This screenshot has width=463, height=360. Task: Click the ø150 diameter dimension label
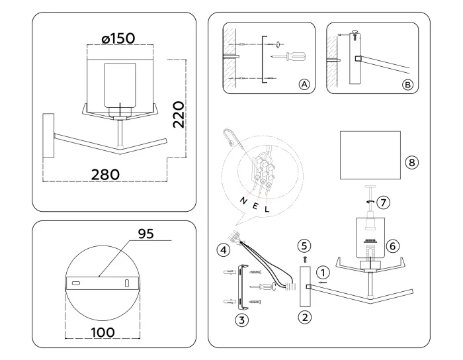(x=119, y=38)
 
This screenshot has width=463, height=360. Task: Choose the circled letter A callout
(x=304, y=85)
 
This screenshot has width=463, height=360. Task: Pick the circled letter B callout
(x=407, y=85)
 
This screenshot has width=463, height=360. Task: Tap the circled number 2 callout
(x=306, y=316)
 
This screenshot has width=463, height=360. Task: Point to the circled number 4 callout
(x=224, y=249)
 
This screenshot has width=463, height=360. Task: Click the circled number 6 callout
(x=392, y=245)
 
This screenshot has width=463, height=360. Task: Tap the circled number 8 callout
(x=414, y=161)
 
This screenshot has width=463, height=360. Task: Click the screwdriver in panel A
(x=291, y=56)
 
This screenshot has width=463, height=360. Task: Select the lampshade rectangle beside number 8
(x=370, y=154)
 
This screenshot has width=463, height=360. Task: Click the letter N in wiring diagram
(x=243, y=201)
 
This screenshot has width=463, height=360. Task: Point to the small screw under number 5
(x=305, y=259)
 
